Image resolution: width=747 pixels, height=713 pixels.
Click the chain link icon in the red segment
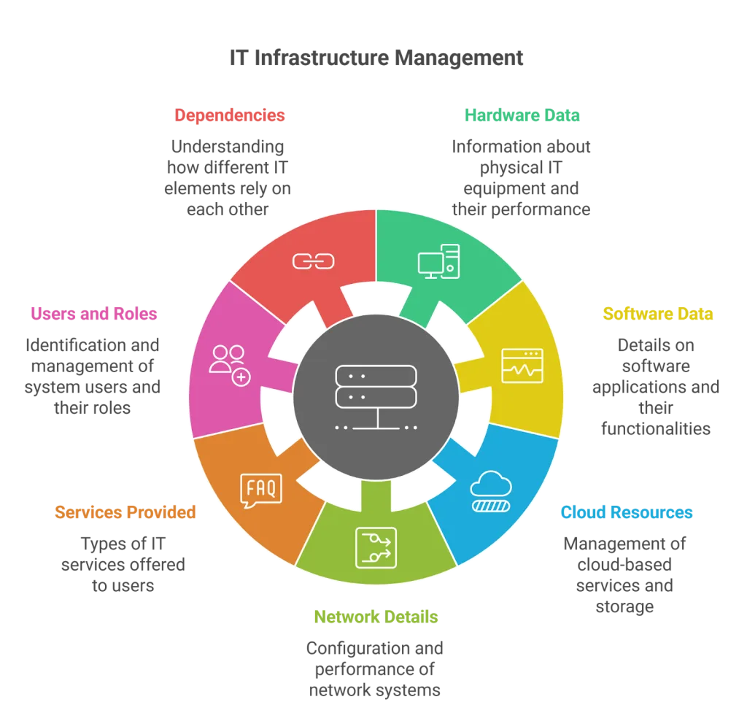313,261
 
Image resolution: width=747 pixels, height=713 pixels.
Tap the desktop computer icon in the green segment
438,261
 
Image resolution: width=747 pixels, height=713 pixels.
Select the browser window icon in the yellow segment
522,366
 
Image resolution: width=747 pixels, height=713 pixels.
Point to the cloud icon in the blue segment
491,490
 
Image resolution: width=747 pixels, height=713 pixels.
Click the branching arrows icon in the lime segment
376,547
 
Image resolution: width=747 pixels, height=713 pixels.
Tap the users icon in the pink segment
230,364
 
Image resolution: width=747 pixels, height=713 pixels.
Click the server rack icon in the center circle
376,396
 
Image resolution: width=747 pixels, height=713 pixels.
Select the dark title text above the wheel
376,59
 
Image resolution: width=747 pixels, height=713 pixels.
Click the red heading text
230,115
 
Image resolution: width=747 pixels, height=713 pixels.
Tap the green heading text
522,115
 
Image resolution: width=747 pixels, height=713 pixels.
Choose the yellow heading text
658,314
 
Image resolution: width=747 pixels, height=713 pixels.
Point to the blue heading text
627,512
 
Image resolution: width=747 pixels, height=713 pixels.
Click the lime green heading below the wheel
376,617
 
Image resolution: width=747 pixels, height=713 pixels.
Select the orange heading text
125,512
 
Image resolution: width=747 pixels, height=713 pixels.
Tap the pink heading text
93,314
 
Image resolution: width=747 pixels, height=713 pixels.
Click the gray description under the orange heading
123,563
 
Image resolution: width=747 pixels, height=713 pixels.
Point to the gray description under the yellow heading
657,385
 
